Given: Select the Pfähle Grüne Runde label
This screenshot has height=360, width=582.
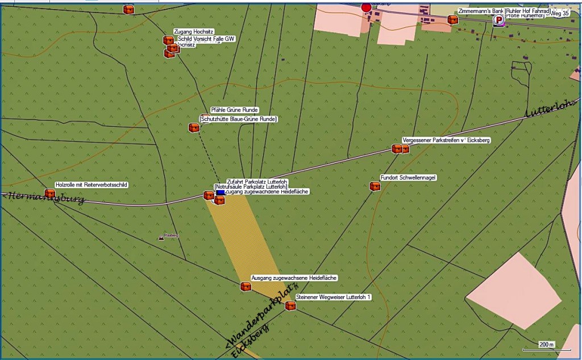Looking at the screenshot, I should click(234, 110).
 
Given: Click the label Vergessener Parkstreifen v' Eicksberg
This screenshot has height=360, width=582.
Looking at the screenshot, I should click(446, 140).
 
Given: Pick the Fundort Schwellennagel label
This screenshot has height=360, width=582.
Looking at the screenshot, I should click(408, 178).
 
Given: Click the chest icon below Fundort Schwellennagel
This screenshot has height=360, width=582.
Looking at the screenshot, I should click(375, 186).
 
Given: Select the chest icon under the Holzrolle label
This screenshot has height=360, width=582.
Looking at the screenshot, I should click(50, 193).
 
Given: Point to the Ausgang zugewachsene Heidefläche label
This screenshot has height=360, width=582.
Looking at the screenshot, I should click(294, 278).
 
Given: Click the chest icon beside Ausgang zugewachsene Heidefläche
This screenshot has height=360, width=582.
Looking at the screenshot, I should click(246, 287).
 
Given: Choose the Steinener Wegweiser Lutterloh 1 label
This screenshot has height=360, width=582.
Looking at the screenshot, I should click(333, 297).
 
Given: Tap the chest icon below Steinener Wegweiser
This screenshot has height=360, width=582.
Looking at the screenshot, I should click(290, 306).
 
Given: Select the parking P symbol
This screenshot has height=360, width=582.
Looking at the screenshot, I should click(498, 20).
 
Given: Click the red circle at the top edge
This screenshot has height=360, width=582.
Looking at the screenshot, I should click(367, 7).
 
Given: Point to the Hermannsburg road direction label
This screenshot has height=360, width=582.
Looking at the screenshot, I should click(43, 198).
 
